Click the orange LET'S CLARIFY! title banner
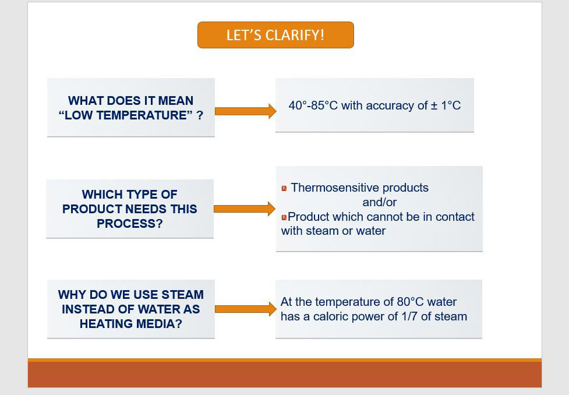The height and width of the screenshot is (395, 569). tap(275, 35)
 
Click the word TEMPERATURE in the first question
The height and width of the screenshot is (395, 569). tap(144, 115)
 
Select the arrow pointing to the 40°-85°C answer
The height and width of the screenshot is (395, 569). tap(245, 111)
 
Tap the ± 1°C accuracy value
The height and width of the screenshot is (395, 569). tap(446, 105)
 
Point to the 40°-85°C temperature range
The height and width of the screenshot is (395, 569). tap(313, 105)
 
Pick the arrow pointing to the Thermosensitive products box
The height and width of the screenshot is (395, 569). tap(245, 209)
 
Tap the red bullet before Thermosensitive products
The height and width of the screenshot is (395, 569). tap(284, 188)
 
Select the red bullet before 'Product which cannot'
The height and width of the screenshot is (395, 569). tap(284, 217)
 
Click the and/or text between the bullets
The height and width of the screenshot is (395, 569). tap(380, 202)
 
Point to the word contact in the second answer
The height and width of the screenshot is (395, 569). tap(455, 217)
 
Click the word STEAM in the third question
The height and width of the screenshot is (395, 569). tap(182, 294)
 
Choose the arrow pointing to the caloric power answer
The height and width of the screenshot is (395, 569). tap(245, 309)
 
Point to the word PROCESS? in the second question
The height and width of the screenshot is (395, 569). tap(130, 224)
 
